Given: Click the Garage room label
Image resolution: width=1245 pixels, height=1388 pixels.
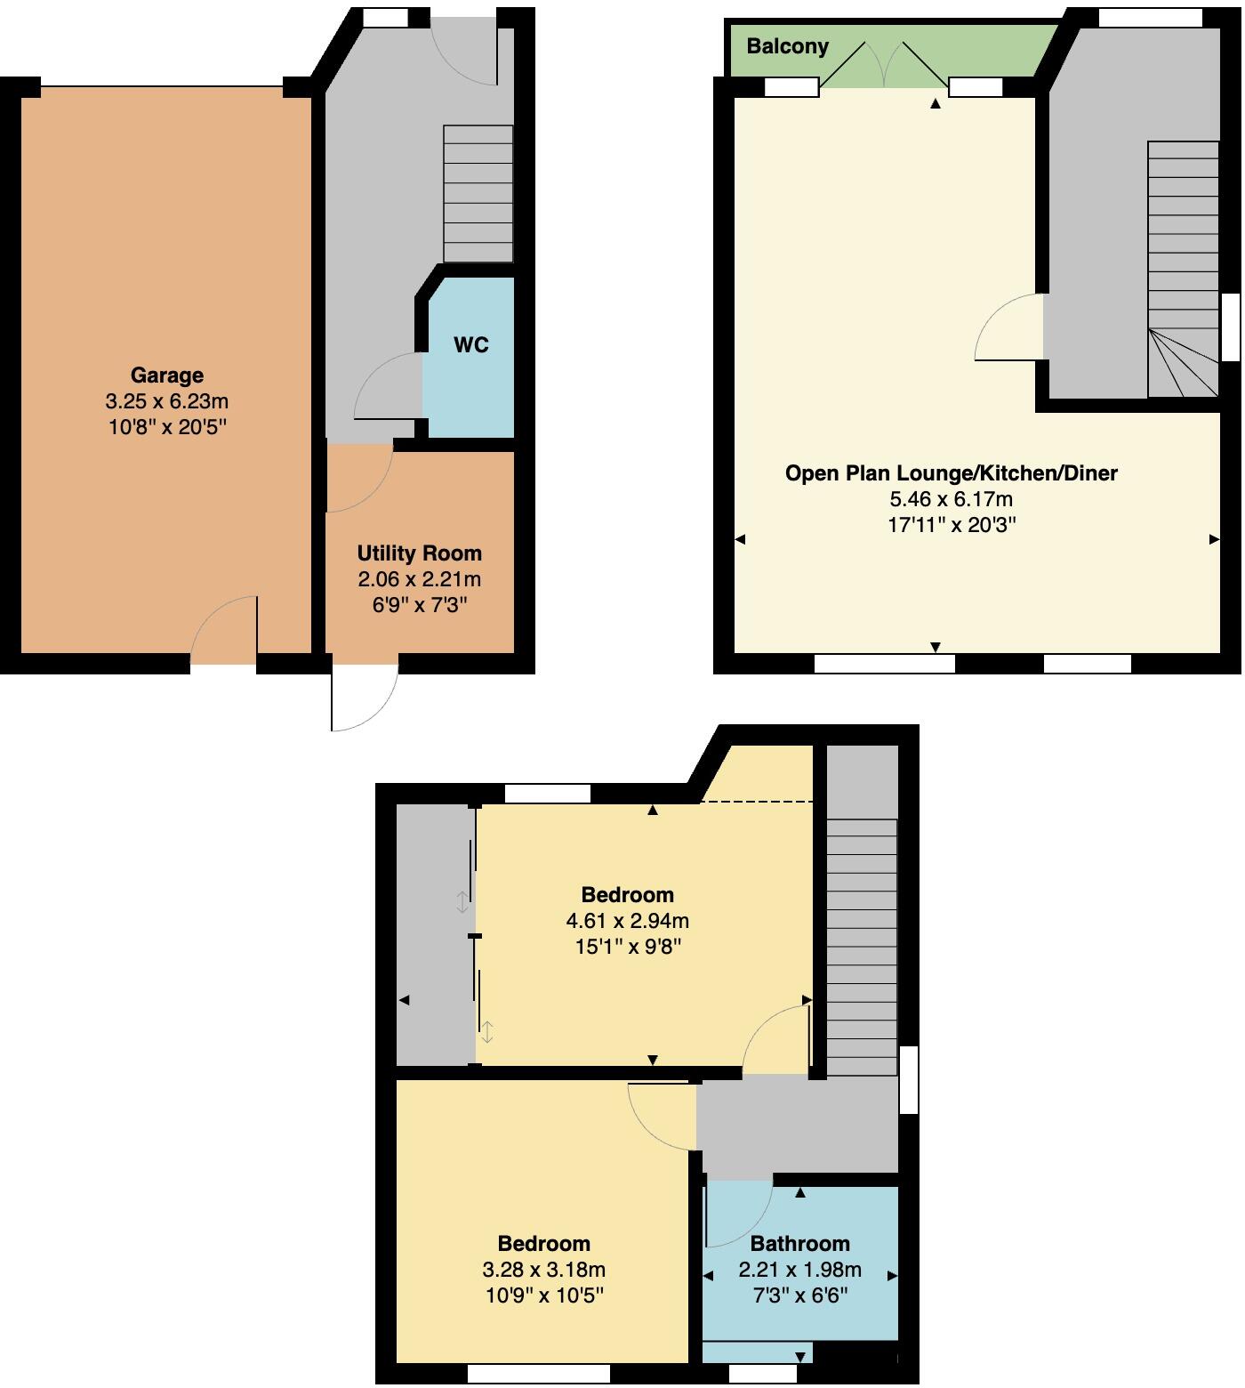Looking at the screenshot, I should point(166,375).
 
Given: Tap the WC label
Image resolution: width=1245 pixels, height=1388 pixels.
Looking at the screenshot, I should point(470,345).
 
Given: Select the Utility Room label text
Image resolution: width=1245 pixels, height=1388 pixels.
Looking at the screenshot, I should point(419,553).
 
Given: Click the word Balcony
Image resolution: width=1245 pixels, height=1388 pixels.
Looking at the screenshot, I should point(787,46).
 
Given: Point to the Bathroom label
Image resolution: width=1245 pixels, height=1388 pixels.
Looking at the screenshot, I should point(799,1243).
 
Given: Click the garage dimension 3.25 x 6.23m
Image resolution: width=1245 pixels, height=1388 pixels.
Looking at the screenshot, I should point(166,401).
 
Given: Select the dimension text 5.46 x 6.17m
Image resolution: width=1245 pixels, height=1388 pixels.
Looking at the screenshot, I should point(951,499).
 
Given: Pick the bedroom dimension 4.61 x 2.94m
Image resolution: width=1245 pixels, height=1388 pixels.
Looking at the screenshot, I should point(627,920).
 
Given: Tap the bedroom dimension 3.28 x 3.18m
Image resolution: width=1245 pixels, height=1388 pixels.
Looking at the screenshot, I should point(543,1269).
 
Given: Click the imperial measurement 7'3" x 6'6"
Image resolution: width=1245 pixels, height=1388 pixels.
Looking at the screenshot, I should point(799,1295).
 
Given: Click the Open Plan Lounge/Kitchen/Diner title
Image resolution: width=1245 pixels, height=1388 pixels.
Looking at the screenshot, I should point(951,473).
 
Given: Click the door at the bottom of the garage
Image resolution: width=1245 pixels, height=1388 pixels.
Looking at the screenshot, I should point(224,630).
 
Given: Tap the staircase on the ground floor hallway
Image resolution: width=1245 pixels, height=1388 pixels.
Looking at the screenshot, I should point(478,193).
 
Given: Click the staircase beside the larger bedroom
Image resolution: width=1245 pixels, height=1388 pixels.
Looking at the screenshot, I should point(861,948).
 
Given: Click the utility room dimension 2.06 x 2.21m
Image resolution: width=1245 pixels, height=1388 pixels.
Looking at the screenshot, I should point(419,580).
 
